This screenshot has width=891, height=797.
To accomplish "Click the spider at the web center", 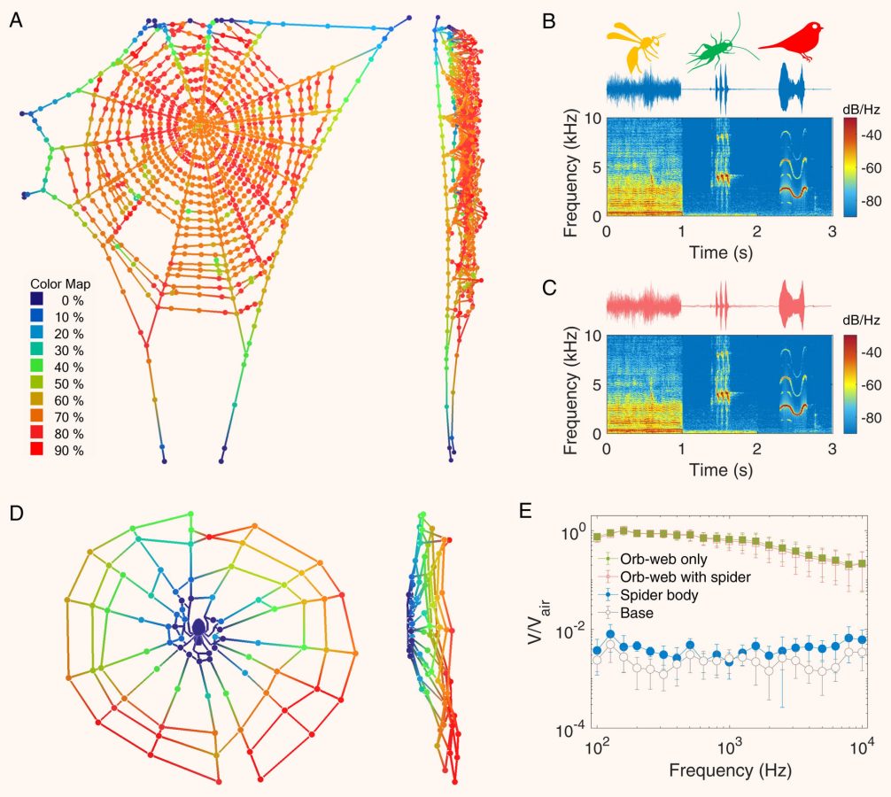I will tap(199, 628).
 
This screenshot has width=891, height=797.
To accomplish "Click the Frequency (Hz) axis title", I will tap(730, 770).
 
